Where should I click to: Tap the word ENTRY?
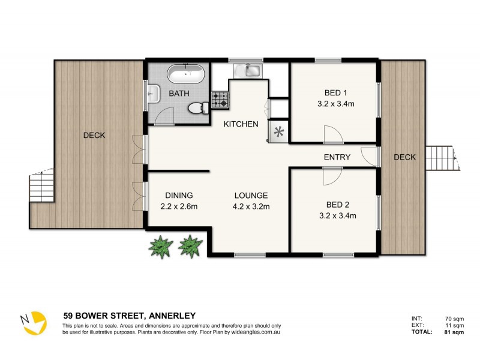(337, 157)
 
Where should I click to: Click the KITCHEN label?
(241, 124)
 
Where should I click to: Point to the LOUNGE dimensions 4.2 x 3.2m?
(251, 207)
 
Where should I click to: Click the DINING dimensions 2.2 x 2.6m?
(179, 207)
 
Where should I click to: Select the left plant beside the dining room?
(161, 246)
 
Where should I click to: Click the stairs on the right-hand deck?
(443, 158)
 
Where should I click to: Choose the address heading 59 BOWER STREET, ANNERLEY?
(129, 315)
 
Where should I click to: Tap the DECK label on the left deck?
(94, 136)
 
